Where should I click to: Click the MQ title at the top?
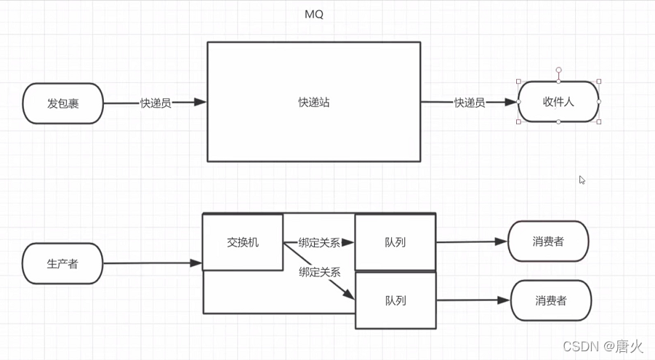pyautogui.click(x=314, y=15)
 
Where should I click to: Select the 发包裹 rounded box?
pyautogui.click(x=63, y=103)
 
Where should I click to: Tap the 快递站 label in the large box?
pyautogui.click(x=313, y=102)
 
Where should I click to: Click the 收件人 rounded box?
pyautogui.click(x=558, y=102)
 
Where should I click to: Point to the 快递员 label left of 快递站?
pyautogui.click(x=156, y=103)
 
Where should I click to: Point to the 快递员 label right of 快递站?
pyautogui.click(x=470, y=103)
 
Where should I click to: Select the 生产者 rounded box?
pyautogui.click(x=63, y=263)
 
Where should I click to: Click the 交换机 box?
pyautogui.click(x=242, y=242)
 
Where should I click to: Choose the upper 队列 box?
pyautogui.click(x=394, y=242)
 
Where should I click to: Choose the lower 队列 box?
pyautogui.click(x=395, y=300)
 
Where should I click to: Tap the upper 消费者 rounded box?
pyautogui.click(x=547, y=241)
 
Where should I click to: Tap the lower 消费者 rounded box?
pyautogui.click(x=551, y=300)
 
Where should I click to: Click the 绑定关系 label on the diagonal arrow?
pyautogui.click(x=319, y=272)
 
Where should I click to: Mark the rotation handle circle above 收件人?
pyautogui.click(x=558, y=71)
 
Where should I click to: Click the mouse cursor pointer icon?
pyautogui.click(x=582, y=180)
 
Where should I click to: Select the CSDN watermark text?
pyautogui.click(x=585, y=345)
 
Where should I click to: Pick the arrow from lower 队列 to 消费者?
pyautogui.click(x=473, y=300)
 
